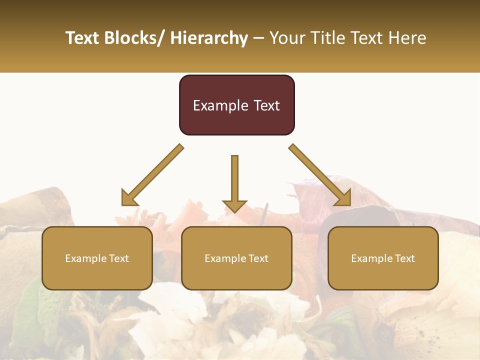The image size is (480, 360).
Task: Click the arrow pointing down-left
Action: pos(152,175)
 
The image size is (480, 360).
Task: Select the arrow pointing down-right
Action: pos(320,175)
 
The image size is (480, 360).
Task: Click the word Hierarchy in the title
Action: pos(208,38)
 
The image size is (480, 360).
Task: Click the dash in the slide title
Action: pos(258,38)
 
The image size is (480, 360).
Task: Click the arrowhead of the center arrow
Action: pos(234,206)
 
